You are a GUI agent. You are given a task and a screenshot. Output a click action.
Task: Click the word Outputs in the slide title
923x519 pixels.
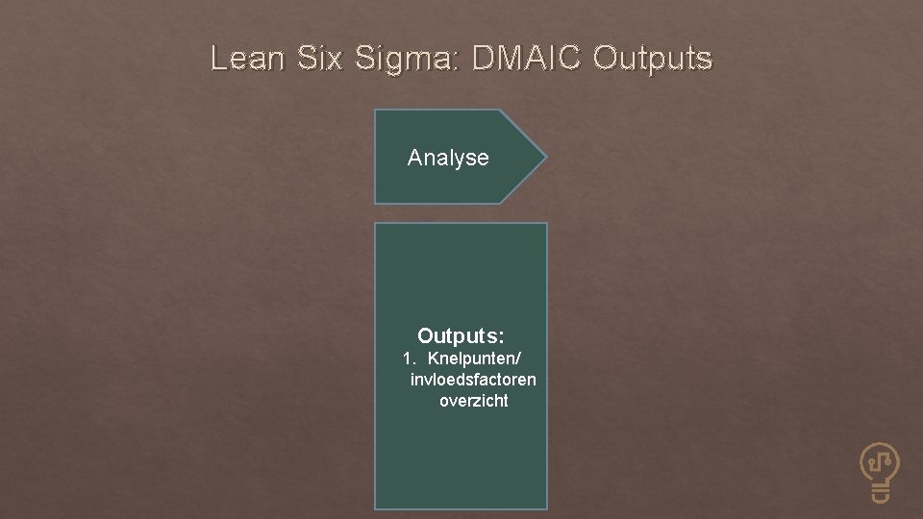[x=653, y=60]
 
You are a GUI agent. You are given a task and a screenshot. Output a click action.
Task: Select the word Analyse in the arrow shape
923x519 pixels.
[x=448, y=158]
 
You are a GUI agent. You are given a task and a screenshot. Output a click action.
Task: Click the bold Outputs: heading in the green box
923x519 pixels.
[x=461, y=336]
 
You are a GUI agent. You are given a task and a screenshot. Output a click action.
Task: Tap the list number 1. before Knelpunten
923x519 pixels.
[x=410, y=358]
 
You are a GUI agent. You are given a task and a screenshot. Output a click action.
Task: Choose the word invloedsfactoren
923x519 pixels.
[x=473, y=380]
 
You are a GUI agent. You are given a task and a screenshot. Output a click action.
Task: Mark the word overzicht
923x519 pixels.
[x=474, y=401]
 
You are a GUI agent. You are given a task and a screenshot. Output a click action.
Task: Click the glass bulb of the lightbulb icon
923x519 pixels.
[x=880, y=462]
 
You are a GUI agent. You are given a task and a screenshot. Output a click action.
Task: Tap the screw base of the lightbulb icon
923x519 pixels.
[x=881, y=494]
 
